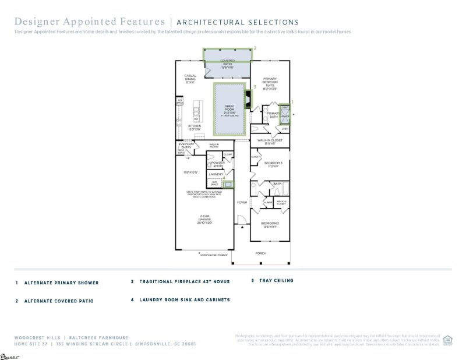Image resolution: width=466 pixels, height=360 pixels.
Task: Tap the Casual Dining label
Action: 189,77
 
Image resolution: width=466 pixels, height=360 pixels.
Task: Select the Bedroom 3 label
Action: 273,164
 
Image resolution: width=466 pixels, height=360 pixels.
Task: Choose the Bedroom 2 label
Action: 270,225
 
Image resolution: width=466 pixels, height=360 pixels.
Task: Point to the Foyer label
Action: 242,202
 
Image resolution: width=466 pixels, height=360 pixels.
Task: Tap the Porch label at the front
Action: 262,253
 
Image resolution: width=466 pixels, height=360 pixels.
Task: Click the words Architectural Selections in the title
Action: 237,22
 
